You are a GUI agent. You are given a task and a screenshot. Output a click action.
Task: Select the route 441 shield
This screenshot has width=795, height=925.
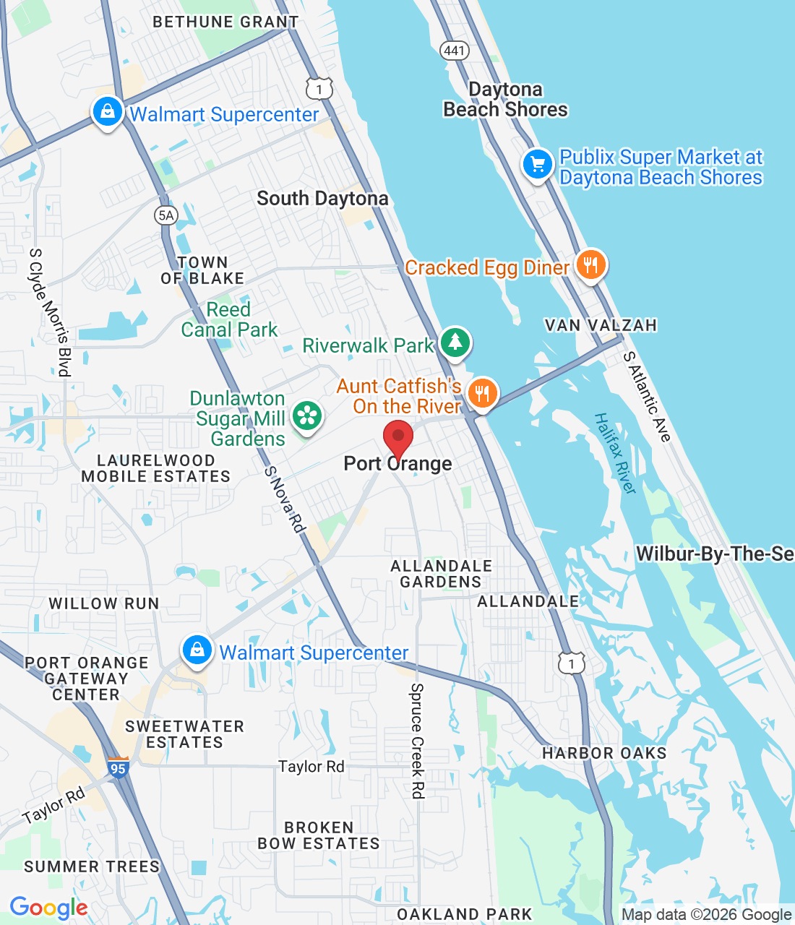tap(455, 50)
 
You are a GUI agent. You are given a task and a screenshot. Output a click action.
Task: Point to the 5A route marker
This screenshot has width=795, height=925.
tap(166, 215)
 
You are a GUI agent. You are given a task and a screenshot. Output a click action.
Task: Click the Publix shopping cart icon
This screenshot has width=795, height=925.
tap(538, 165)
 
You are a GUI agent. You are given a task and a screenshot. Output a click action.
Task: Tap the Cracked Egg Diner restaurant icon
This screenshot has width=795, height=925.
tap(590, 265)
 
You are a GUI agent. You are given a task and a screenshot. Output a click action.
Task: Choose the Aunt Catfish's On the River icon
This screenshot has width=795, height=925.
tap(482, 394)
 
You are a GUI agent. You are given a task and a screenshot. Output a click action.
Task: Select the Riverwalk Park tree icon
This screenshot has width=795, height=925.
tap(455, 342)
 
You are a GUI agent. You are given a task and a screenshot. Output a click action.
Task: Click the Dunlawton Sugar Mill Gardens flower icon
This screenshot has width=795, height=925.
tap(307, 416)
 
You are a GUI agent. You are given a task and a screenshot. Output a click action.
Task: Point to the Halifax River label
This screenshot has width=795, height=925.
tap(615, 453)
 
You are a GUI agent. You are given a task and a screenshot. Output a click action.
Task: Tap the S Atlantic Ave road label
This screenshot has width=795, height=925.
tap(648, 396)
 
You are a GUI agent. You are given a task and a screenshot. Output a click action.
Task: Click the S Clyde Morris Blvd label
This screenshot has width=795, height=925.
tap(50, 312)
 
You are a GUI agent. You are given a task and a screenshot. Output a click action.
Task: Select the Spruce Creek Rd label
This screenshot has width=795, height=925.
tap(417, 741)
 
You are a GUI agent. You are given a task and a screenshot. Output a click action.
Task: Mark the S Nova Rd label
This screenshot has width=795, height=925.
tap(285, 499)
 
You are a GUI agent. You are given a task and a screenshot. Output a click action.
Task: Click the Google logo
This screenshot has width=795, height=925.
tap(48, 908)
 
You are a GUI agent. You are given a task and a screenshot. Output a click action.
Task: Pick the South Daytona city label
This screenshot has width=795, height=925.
tap(322, 199)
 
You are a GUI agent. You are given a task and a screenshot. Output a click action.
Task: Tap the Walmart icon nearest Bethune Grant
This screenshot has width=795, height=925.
tap(108, 112)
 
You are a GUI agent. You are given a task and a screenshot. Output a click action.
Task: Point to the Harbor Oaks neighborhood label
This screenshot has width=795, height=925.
tap(604, 753)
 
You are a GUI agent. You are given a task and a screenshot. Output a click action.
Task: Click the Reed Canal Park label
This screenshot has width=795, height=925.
tap(229, 319)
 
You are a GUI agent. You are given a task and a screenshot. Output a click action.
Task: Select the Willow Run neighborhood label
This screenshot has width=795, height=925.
tap(104, 603)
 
